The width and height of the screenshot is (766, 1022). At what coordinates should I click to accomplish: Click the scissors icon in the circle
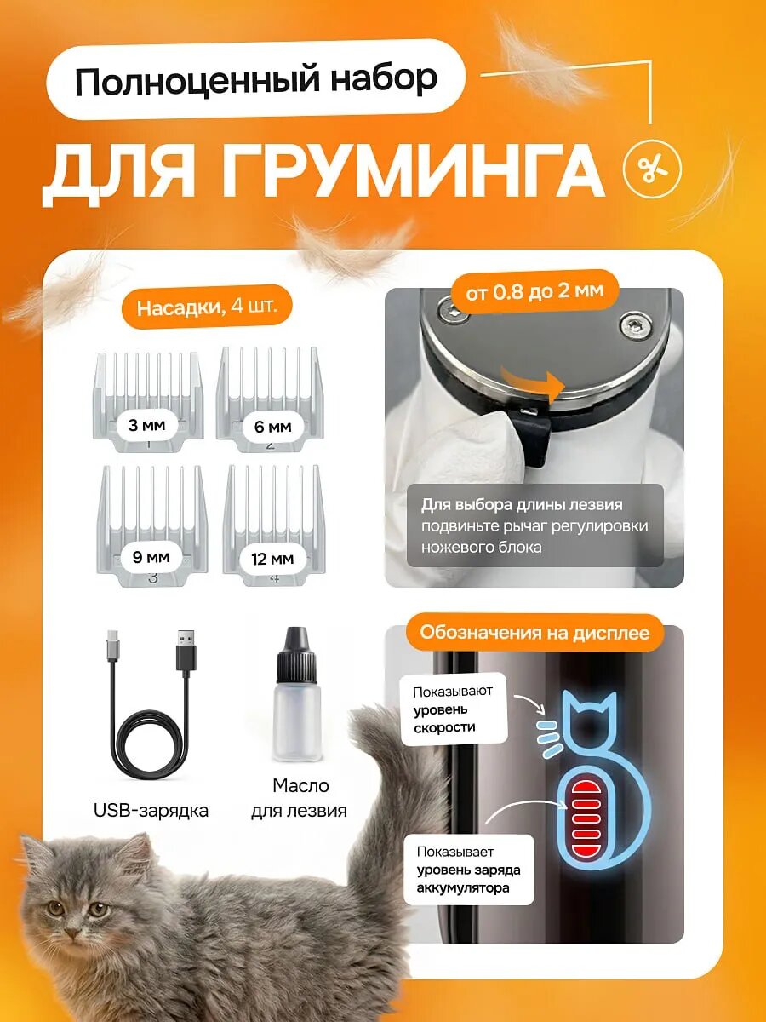[x=652, y=169]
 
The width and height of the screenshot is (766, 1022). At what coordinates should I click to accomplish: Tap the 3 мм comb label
[x=146, y=425]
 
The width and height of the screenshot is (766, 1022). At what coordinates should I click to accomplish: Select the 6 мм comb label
[x=272, y=427]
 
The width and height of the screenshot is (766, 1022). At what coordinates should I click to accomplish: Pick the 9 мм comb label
[x=151, y=557]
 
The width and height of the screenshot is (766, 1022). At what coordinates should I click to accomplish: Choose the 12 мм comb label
[x=272, y=559]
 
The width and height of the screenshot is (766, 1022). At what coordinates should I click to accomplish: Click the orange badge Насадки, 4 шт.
[x=207, y=307]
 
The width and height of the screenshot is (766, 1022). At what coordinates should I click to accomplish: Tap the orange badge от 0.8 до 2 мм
[x=534, y=291]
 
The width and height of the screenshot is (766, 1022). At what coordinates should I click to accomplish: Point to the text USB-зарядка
[x=151, y=811]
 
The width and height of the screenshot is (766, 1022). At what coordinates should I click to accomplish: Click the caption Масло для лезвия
[x=299, y=798]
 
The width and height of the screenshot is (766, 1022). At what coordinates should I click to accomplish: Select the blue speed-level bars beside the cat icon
[x=548, y=738]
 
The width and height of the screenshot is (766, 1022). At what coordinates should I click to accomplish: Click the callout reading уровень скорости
[x=453, y=709]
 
